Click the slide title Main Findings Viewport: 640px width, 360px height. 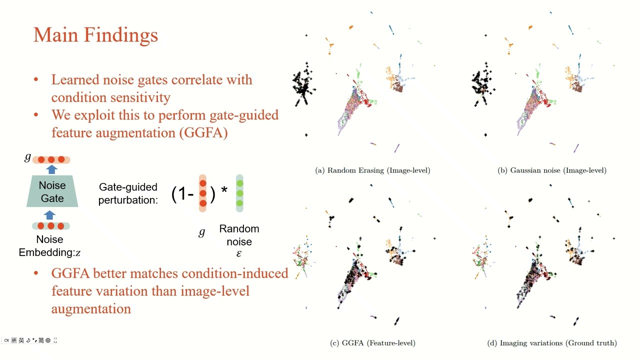95,35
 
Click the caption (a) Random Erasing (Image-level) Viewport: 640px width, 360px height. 372,170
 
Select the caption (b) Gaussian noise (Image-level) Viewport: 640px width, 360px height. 552,170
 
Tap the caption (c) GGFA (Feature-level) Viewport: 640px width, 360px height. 372,343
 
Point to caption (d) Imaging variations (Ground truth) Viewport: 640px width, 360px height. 552,343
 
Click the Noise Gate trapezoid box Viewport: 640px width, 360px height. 52,191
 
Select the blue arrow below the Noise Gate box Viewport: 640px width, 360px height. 49,215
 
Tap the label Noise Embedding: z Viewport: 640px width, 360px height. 49,246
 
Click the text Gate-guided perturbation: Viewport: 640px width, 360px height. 128,193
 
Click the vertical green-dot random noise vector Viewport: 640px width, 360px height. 239,193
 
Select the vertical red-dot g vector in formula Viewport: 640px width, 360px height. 202,193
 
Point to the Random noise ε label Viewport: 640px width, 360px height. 239,241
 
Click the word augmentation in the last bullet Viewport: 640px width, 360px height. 91,308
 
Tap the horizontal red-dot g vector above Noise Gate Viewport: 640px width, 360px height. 51,159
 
